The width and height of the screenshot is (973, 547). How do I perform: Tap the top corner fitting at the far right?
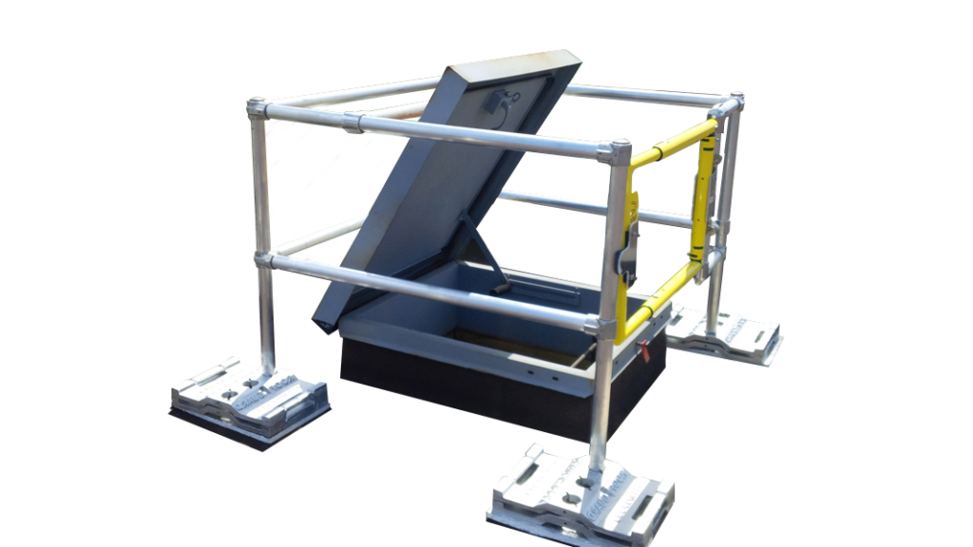point(733,104)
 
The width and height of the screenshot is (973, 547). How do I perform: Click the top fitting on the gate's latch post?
point(619,152)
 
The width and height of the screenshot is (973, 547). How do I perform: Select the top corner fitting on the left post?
point(258,109)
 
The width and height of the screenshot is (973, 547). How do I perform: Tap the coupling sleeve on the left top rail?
point(370,122)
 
